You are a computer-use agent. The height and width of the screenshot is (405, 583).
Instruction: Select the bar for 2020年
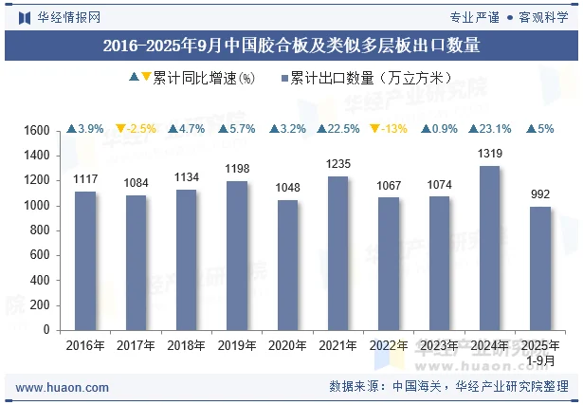click(288, 266)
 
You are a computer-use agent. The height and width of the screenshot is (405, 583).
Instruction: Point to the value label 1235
click(338, 164)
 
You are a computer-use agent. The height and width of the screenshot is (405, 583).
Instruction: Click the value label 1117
click(85, 179)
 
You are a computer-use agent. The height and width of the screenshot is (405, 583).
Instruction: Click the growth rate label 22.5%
click(338, 129)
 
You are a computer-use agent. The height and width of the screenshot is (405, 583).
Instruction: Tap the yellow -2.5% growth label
click(136, 129)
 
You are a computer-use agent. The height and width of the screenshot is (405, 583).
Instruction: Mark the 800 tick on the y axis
click(40, 230)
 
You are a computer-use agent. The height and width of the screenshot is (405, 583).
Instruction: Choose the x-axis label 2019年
click(237, 346)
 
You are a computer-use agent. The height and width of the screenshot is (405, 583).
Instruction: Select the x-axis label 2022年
click(389, 346)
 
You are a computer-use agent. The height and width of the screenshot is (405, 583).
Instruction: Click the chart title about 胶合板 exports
click(291, 44)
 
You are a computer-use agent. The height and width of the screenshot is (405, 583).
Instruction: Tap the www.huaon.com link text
click(63, 387)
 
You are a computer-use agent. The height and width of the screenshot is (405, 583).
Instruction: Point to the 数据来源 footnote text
click(448, 387)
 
